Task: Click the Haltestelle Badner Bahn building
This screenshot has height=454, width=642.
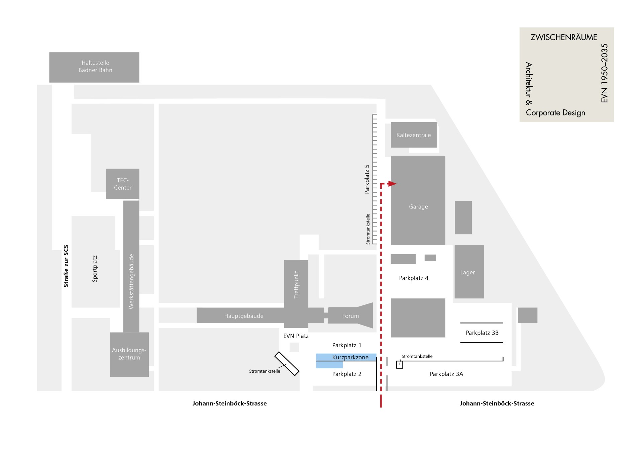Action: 94,67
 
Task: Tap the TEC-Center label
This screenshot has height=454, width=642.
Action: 123,184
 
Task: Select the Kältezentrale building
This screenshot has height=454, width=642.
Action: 414,135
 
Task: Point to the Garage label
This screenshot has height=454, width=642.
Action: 418,207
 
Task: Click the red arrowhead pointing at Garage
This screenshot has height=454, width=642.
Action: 392,184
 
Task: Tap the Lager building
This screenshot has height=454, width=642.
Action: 469,272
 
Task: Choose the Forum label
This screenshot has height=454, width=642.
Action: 350,316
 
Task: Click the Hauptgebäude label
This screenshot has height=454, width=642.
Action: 244,316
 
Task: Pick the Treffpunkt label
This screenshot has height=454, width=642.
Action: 296,285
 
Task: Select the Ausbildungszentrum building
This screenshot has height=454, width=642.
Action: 129,355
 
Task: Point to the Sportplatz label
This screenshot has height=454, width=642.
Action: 95,269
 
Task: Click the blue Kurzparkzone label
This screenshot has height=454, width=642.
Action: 350,357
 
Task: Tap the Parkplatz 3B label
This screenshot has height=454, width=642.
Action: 482,333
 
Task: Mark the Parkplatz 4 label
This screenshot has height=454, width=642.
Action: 414,278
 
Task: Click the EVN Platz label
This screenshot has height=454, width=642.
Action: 296,336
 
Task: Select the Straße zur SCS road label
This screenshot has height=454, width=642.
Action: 66,266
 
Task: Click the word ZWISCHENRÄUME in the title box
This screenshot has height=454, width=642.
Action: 564,37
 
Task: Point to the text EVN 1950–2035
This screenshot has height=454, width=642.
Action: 605,73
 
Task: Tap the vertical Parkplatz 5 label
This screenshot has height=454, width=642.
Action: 367,179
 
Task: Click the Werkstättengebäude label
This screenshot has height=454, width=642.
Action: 131,281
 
